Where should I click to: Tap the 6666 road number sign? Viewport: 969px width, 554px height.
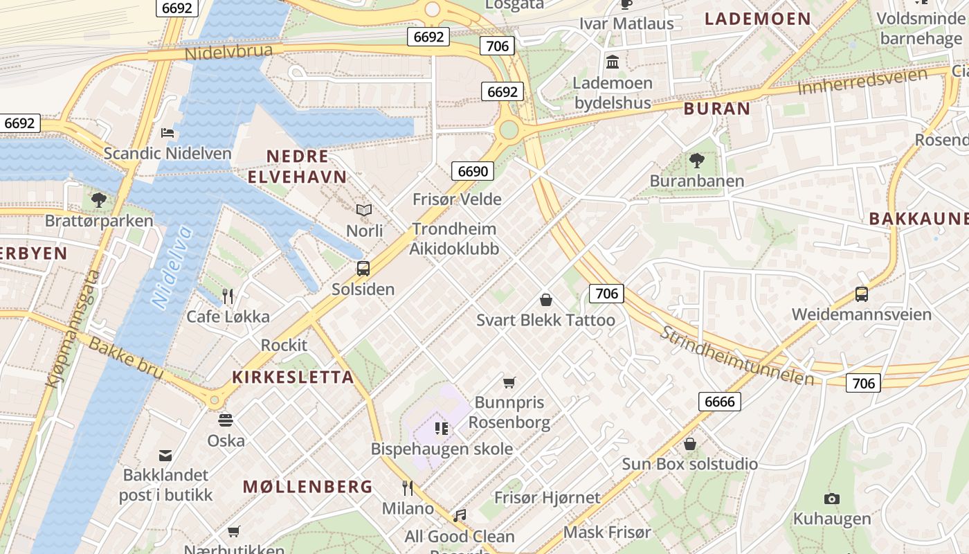pyautogui.click(x=720, y=401)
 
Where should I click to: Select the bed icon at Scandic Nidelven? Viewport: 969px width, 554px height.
pyautogui.click(x=167, y=132)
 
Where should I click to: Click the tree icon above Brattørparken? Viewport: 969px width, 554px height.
pyautogui.click(x=99, y=200)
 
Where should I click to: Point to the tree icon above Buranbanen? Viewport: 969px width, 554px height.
pyautogui.click(x=697, y=161)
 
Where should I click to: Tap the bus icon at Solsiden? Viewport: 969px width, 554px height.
pyautogui.click(x=363, y=269)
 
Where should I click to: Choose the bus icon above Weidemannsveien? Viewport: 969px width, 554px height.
pyautogui.click(x=862, y=294)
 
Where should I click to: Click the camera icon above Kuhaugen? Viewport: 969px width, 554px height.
pyautogui.click(x=832, y=499)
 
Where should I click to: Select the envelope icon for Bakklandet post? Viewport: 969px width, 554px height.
pyautogui.click(x=165, y=455)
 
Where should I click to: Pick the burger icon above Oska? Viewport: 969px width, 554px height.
pyautogui.click(x=226, y=420)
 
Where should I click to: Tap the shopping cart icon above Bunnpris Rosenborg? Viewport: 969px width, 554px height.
pyautogui.click(x=509, y=382)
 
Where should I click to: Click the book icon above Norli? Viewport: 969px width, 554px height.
pyautogui.click(x=364, y=210)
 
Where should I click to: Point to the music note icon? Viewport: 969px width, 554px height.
pyautogui.click(x=460, y=516)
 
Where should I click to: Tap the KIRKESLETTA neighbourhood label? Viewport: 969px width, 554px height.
pyautogui.click(x=293, y=377)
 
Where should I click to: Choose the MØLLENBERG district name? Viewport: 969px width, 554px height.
pyautogui.click(x=308, y=487)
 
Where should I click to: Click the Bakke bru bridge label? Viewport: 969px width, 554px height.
pyautogui.click(x=126, y=357)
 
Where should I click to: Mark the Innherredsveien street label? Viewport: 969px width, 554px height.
pyautogui.click(x=862, y=82)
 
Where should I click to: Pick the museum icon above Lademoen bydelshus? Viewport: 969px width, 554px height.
pyautogui.click(x=613, y=62)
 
